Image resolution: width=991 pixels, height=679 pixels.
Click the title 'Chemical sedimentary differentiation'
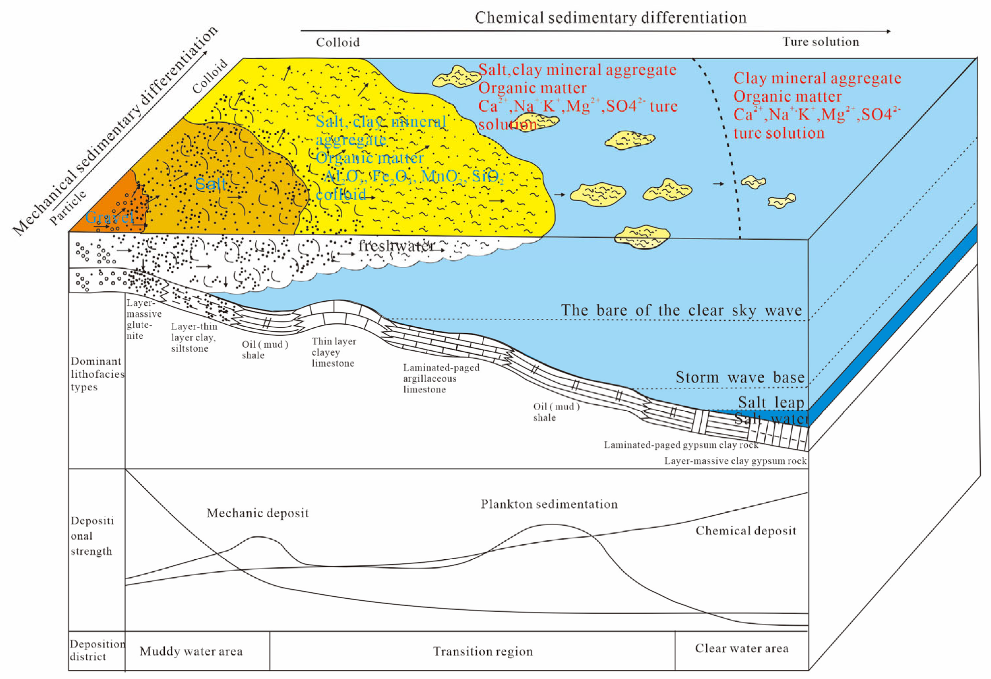[610, 18]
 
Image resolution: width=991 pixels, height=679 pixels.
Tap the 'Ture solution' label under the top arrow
[820, 42]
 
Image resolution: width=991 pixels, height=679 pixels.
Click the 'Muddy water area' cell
[191, 651]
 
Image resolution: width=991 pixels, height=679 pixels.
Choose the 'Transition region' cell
[483, 651]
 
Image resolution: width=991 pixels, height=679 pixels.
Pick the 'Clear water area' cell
[742, 648]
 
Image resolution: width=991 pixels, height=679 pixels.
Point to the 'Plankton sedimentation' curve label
[549, 504]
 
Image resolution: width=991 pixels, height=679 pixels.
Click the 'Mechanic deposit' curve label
[258, 513]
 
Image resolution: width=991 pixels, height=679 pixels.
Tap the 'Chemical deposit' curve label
[746, 531]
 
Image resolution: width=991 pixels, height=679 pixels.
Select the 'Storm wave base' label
[740, 377]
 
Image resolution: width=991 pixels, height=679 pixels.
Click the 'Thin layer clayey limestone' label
[333, 352]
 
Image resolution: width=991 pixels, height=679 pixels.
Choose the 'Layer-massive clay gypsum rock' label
[735, 461]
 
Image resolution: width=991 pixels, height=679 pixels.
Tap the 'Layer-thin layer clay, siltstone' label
[194, 337]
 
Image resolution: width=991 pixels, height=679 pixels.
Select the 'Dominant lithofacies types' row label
[97, 374]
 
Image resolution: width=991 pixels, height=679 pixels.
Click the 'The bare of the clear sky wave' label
[681, 310]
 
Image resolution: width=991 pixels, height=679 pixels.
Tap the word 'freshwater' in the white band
[397, 246]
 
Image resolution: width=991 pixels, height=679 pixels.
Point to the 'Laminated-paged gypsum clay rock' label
[681, 445]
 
